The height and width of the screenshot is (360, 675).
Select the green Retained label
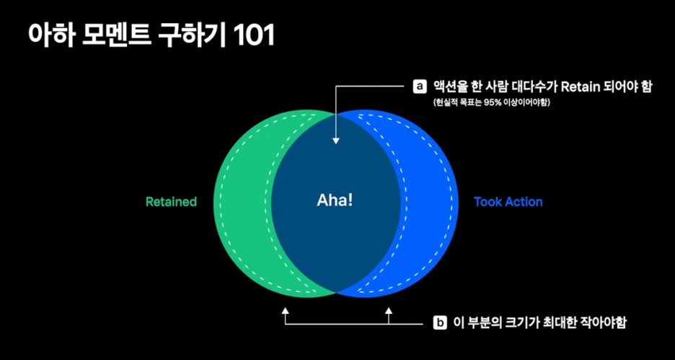171,202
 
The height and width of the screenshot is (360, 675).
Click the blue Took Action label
508,202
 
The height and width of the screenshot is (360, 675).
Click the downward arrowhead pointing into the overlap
336,140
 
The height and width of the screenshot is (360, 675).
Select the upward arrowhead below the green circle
286,312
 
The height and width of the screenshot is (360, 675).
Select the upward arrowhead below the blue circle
389,312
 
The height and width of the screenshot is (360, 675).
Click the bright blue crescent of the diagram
429,202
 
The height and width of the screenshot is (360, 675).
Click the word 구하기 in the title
193,36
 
